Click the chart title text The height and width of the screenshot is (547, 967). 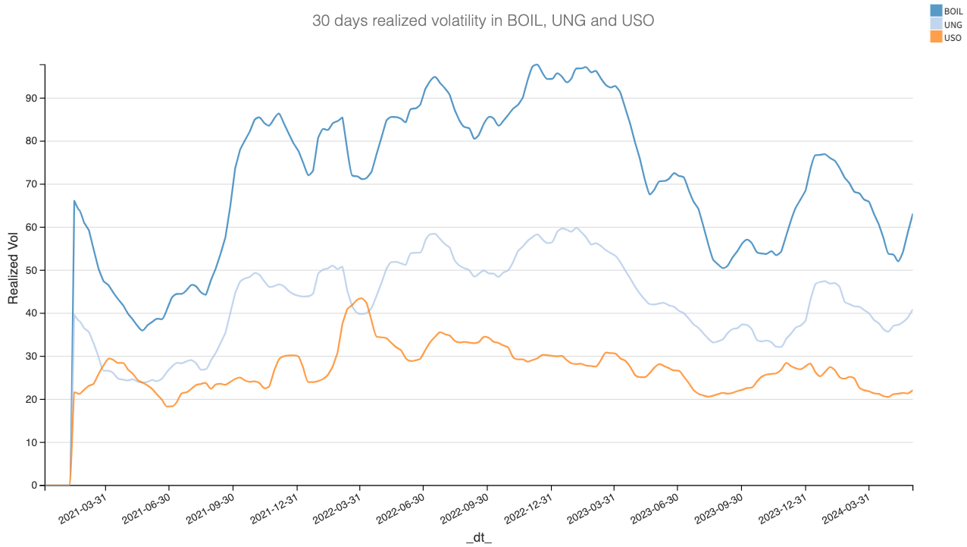[483, 21]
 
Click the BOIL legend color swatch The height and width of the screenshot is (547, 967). [936, 11]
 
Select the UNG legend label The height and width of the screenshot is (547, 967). [953, 24]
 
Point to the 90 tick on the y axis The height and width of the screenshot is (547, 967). [30, 99]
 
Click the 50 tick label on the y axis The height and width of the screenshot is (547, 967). [30, 271]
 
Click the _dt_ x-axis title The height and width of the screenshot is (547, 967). [479, 537]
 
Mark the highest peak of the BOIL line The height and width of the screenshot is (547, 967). [537, 64]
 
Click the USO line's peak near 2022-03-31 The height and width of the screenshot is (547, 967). [360, 298]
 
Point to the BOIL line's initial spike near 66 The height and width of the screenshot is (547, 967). [74, 201]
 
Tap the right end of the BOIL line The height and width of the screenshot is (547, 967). [912, 214]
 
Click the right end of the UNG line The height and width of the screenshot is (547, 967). [912, 310]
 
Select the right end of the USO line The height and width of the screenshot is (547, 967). [912, 390]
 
